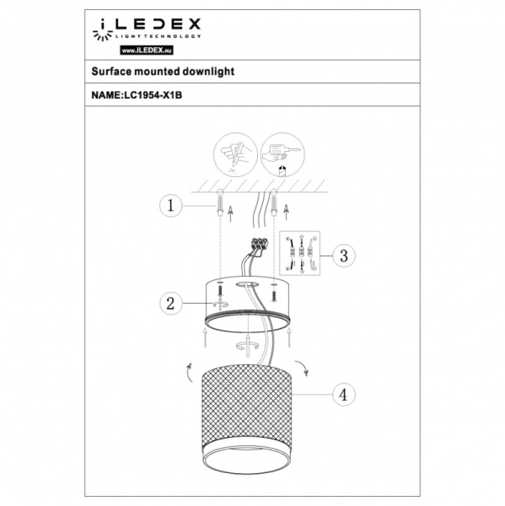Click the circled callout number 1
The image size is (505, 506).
point(170,205)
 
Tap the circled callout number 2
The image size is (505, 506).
point(171,304)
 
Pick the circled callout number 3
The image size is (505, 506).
point(341,254)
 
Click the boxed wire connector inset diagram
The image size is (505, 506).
point(302,254)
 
